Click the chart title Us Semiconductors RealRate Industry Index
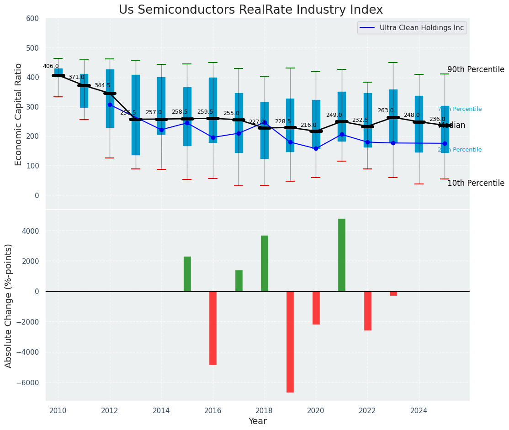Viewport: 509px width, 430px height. tap(251, 10)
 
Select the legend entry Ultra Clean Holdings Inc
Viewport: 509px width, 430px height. tap(421, 28)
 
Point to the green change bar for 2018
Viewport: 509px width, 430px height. tap(265, 263)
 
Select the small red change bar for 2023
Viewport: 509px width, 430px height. tap(393, 294)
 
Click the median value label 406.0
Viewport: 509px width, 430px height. tap(51, 66)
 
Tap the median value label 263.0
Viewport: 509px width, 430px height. tap(386, 110)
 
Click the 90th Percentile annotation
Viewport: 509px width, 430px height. tap(476, 70)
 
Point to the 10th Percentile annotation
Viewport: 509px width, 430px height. tap(476, 183)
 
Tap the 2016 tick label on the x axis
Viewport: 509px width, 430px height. tap(213, 410)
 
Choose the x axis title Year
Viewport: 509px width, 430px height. tap(257, 421)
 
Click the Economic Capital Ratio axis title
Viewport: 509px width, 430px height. tap(19, 114)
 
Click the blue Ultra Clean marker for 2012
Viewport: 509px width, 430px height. tap(110, 105)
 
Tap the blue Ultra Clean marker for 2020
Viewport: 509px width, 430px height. tap(316, 148)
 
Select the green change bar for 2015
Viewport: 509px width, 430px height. tap(187, 274)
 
